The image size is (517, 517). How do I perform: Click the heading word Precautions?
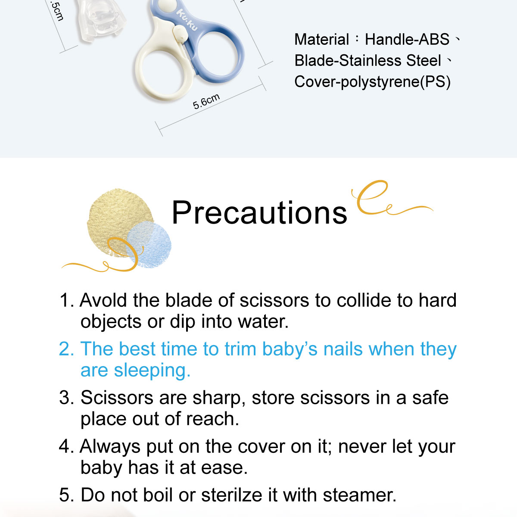click(259, 212)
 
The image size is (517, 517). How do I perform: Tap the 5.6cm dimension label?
click(206, 102)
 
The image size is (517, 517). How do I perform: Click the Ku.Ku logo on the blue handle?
click(187, 19)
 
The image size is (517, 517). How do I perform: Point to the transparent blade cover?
click(101, 19)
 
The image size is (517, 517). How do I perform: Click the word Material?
click(321, 40)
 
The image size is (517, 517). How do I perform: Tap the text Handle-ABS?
click(407, 40)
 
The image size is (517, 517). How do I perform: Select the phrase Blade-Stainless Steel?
click(368, 61)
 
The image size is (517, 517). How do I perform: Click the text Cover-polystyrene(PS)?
click(372, 81)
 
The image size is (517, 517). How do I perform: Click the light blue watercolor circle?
click(149, 245)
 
